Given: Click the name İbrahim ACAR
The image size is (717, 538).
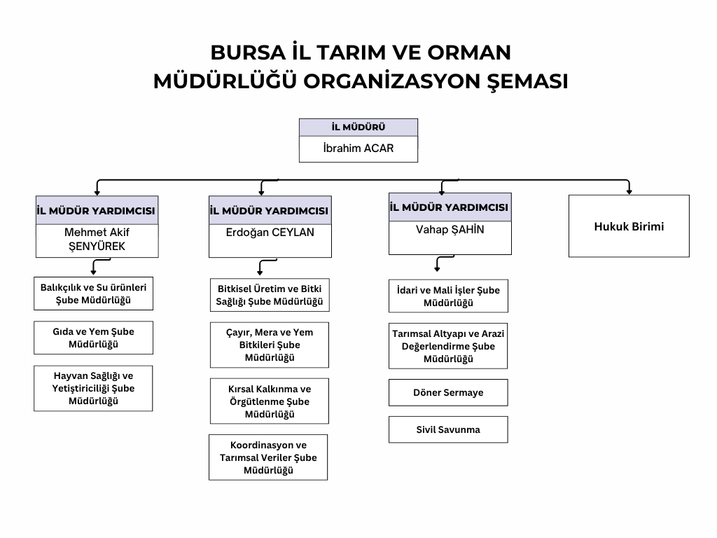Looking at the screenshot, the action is pyautogui.click(x=358, y=149).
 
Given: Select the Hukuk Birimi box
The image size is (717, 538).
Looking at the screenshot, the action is pyautogui.click(x=629, y=226).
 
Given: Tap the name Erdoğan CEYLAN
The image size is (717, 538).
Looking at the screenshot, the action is pyautogui.click(x=270, y=233).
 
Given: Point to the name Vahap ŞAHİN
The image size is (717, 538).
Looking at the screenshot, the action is pyautogui.click(x=450, y=229).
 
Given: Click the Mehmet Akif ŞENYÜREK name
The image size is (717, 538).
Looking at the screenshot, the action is pyautogui.click(x=97, y=240).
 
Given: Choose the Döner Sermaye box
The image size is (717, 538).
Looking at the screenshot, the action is pyautogui.click(x=448, y=392).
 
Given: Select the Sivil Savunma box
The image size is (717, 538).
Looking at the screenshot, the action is pyautogui.click(x=448, y=429).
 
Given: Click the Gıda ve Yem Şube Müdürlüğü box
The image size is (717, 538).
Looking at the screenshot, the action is pyautogui.click(x=93, y=338).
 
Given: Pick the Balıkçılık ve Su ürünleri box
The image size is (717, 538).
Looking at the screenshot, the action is pyautogui.click(x=93, y=294).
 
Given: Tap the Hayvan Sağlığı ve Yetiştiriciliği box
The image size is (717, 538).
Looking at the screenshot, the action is pyautogui.click(x=93, y=388).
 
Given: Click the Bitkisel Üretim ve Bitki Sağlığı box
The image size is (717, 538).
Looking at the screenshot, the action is pyautogui.click(x=270, y=295).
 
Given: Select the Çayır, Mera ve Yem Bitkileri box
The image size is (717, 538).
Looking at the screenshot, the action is pyautogui.click(x=270, y=345).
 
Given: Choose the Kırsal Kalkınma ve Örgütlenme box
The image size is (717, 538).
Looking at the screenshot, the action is pyautogui.click(x=270, y=401).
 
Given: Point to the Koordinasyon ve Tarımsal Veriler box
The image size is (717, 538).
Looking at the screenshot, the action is pyautogui.click(x=268, y=457).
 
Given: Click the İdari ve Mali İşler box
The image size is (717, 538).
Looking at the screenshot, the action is pyautogui.click(x=448, y=296).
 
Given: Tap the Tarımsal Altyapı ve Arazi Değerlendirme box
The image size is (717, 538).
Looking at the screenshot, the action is pyautogui.click(x=448, y=346).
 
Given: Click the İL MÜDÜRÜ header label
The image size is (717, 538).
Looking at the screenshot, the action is pyautogui.click(x=358, y=127).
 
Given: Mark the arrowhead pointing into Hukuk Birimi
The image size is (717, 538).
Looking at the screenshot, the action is pyautogui.click(x=629, y=192).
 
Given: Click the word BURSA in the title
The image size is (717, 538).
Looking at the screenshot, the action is pyautogui.click(x=248, y=53).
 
